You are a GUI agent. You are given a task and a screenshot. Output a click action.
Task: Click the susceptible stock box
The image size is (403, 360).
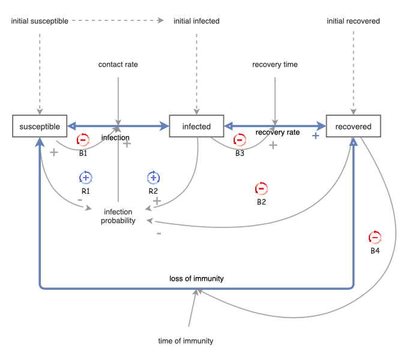point(40,127)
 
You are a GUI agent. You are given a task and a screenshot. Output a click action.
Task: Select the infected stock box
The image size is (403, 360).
point(196,127)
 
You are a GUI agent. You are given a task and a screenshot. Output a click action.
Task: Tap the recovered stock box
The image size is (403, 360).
point(353,127)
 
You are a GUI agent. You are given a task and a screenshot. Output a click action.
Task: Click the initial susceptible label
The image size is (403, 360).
point(40,21)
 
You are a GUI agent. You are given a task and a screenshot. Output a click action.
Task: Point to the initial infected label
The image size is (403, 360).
point(196,21)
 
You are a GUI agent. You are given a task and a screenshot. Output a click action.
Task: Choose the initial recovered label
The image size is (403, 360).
point(353,21)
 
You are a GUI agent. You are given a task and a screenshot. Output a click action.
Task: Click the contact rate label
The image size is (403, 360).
point(118,64)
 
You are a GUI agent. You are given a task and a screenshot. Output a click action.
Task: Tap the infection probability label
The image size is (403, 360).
point(120,216)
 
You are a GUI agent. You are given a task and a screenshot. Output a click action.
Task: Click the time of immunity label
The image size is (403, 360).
point(186,341)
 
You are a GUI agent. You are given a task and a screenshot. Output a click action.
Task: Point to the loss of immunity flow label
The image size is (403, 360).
point(196,278)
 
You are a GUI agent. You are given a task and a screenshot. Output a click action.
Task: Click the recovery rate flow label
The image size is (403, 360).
point(277,132)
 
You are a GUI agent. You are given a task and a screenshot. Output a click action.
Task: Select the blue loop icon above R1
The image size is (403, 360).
point(85,178)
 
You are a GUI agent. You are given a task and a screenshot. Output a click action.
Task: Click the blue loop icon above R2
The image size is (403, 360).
point(154,178)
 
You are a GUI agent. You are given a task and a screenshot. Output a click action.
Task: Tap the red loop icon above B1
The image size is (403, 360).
point(83,140)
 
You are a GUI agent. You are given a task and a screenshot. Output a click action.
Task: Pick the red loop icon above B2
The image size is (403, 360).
point(261,188)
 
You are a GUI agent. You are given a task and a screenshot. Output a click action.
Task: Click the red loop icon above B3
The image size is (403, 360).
point(239,140)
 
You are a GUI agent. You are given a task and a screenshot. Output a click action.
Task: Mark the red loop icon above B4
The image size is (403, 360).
point(375,236)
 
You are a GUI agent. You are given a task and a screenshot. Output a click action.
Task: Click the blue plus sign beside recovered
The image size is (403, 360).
point(315,136)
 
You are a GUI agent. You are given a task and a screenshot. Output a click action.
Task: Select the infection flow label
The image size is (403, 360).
point(115,137)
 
